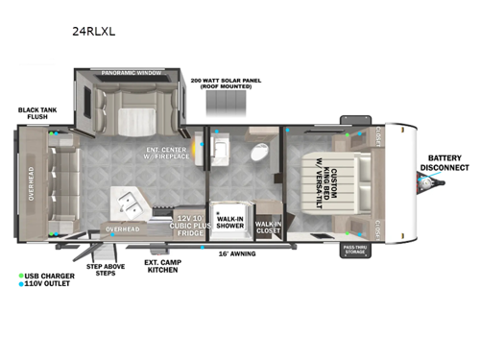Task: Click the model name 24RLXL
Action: pos(93,30)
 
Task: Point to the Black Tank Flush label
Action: pos(36,114)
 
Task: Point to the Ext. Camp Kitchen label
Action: pos(162,265)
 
